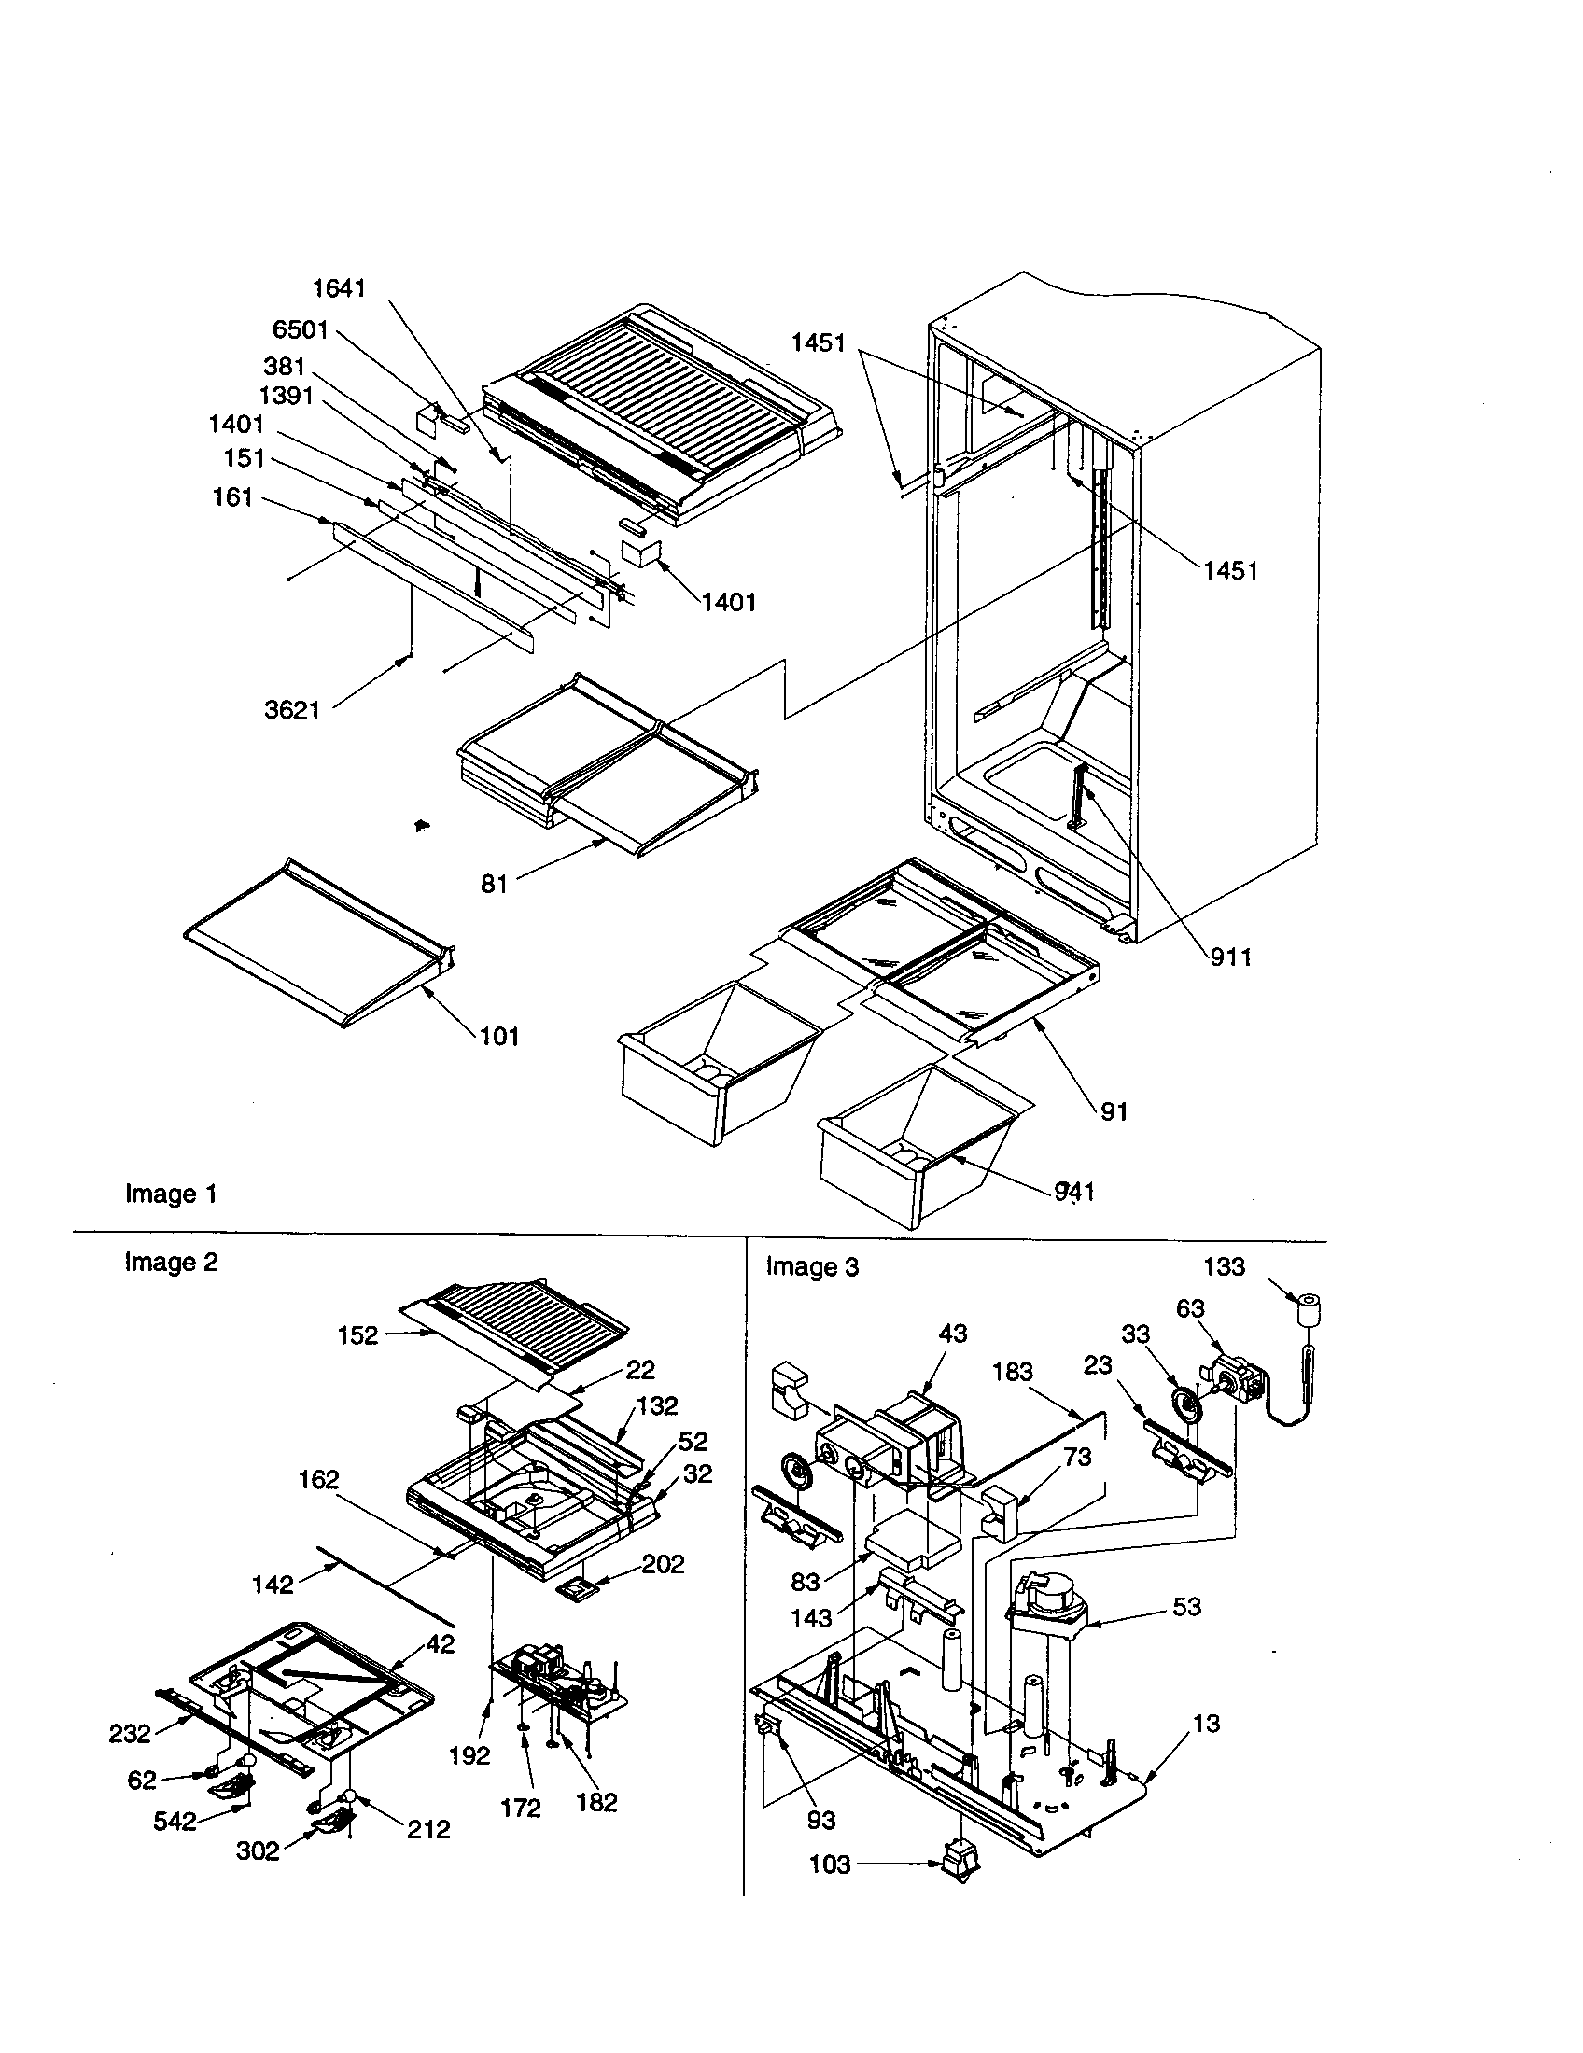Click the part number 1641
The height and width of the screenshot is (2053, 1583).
pyautogui.click(x=339, y=288)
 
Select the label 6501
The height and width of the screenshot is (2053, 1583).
pyautogui.click(x=301, y=330)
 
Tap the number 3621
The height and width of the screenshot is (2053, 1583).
pyautogui.click(x=292, y=710)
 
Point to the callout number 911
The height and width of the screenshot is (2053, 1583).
pyautogui.click(x=1230, y=957)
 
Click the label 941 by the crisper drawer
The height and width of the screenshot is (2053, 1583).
pyautogui.click(x=1074, y=1191)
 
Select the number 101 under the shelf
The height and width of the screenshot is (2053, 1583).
pyautogui.click(x=499, y=1036)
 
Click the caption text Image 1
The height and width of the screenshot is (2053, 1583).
pyautogui.click(x=171, y=1194)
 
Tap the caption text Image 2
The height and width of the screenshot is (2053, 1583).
pyautogui.click(x=171, y=1262)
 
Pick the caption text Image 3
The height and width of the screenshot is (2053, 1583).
pyautogui.click(x=812, y=1266)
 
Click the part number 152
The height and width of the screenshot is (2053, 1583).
pyautogui.click(x=357, y=1334)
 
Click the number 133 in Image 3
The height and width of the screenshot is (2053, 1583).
pyautogui.click(x=1224, y=1266)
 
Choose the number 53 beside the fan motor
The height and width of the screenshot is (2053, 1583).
pyautogui.click(x=1186, y=1607)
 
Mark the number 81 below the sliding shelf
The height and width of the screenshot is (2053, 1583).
pyautogui.click(x=495, y=884)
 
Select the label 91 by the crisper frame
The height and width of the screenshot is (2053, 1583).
pyautogui.click(x=1113, y=1111)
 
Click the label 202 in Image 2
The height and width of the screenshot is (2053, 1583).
pyautogui.click(x=664, y=1564)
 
